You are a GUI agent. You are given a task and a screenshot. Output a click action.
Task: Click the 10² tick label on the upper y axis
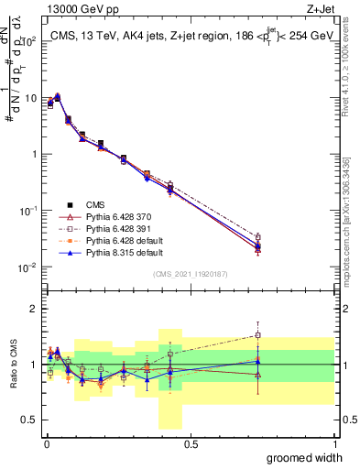[x=27, y=42]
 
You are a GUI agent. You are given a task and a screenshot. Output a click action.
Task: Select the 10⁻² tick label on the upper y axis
[x=27, y=267]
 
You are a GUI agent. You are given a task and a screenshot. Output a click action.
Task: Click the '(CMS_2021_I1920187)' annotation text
[x=190, y=273]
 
